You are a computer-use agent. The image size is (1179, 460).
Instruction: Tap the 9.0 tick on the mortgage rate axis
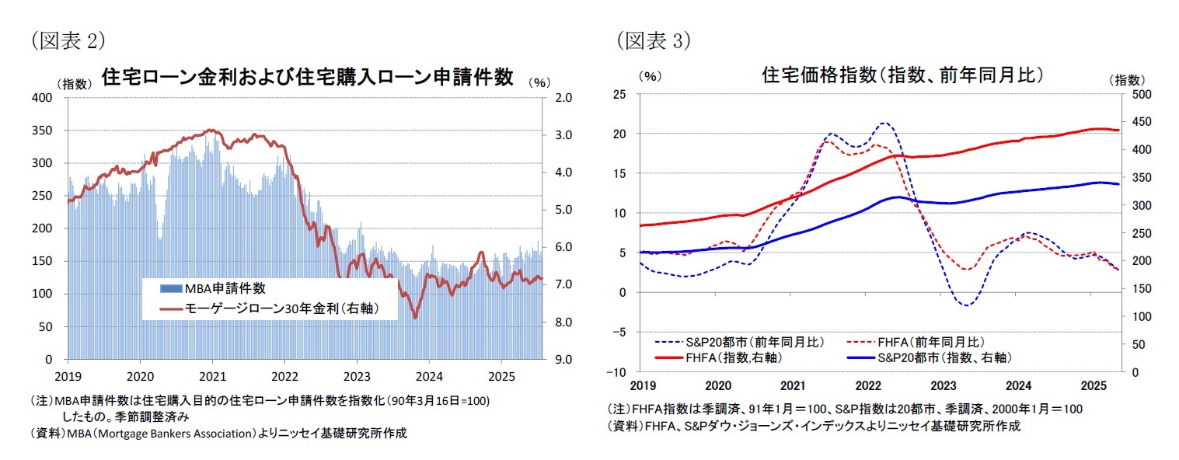(x=563, y=360)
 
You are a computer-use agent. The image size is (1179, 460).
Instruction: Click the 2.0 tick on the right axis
(x=563, y=98)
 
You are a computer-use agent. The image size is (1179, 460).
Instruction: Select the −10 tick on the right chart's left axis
(x=620, y=372)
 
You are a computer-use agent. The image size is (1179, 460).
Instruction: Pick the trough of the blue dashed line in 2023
(x=966, y=305)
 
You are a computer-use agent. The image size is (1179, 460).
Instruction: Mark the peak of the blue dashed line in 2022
(x=884, y=123)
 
